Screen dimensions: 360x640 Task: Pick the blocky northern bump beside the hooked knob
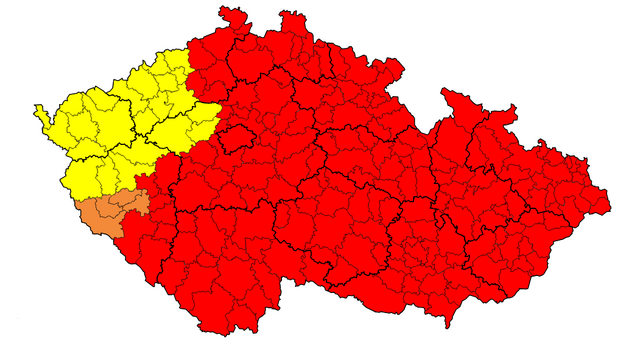[x=292, y=22]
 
